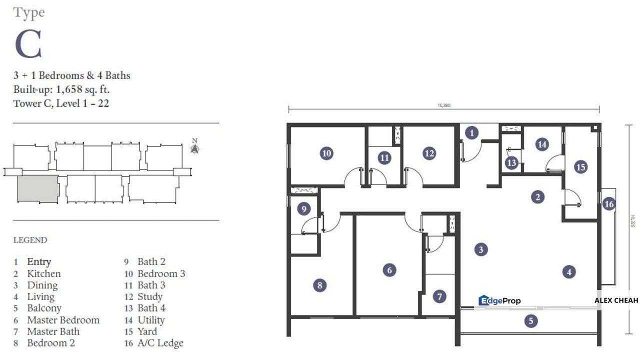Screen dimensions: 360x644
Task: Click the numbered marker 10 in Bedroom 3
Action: (326, 153)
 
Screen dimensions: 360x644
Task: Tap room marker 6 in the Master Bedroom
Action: (389, 270)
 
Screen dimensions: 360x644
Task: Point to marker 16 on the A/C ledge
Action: (608, 204)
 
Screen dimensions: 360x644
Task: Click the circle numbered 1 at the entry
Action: (471, 133)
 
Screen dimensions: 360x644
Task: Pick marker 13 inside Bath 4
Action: (511, 162)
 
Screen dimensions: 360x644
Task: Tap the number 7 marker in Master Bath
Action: (439, 296)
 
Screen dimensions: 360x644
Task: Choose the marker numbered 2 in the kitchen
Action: (537, 197)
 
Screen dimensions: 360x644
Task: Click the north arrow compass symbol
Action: (195, 148)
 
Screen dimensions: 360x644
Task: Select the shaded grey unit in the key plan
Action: (38, 189)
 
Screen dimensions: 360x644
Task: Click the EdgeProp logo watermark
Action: (499, 300)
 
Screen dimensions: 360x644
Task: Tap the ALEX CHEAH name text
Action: (616, 300)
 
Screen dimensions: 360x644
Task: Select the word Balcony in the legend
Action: (44, 308)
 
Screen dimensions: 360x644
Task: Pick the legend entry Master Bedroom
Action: (63, 320)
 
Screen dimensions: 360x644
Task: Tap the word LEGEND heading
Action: (30, 240)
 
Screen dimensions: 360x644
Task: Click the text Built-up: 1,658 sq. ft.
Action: (61, 90)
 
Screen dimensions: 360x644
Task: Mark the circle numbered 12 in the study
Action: (429, 153)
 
